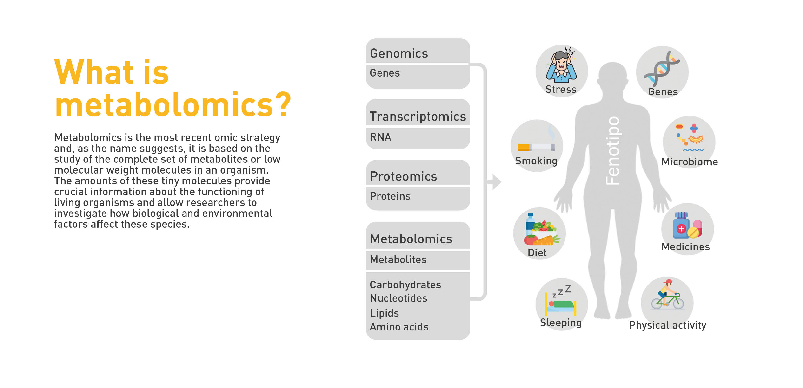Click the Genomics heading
click(x=399, y=54)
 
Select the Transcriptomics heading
click(x=418, y=116)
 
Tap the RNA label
click(x=380, y=137)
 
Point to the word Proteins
click(x=390, y=196)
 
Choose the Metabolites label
click(x=398, y=259)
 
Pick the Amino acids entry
click(x=399, y=327)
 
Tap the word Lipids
click(x=384, y=313)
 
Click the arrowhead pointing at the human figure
click(x=496, y=182)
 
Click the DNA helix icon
click(x=662, y=69)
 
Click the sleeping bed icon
click(x=561, y=300)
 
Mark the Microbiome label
click(x=690, y=162)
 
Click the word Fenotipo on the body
click(x=612, y=151)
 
